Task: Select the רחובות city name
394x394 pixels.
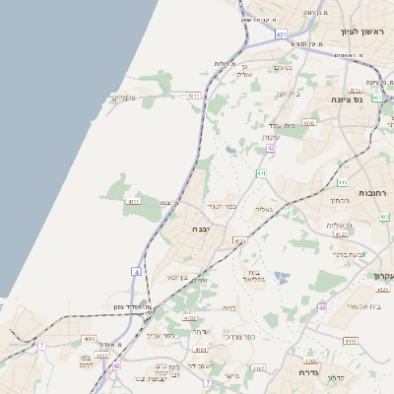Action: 374,193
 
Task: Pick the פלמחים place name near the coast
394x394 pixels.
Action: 124,97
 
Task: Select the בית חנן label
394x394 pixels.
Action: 288,94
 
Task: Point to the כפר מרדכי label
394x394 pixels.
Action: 240,336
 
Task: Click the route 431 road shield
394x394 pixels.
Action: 281,34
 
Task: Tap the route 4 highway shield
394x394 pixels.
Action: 136,270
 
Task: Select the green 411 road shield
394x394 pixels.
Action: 261,173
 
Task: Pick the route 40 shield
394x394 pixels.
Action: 322,308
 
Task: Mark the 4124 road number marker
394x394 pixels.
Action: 238,239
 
